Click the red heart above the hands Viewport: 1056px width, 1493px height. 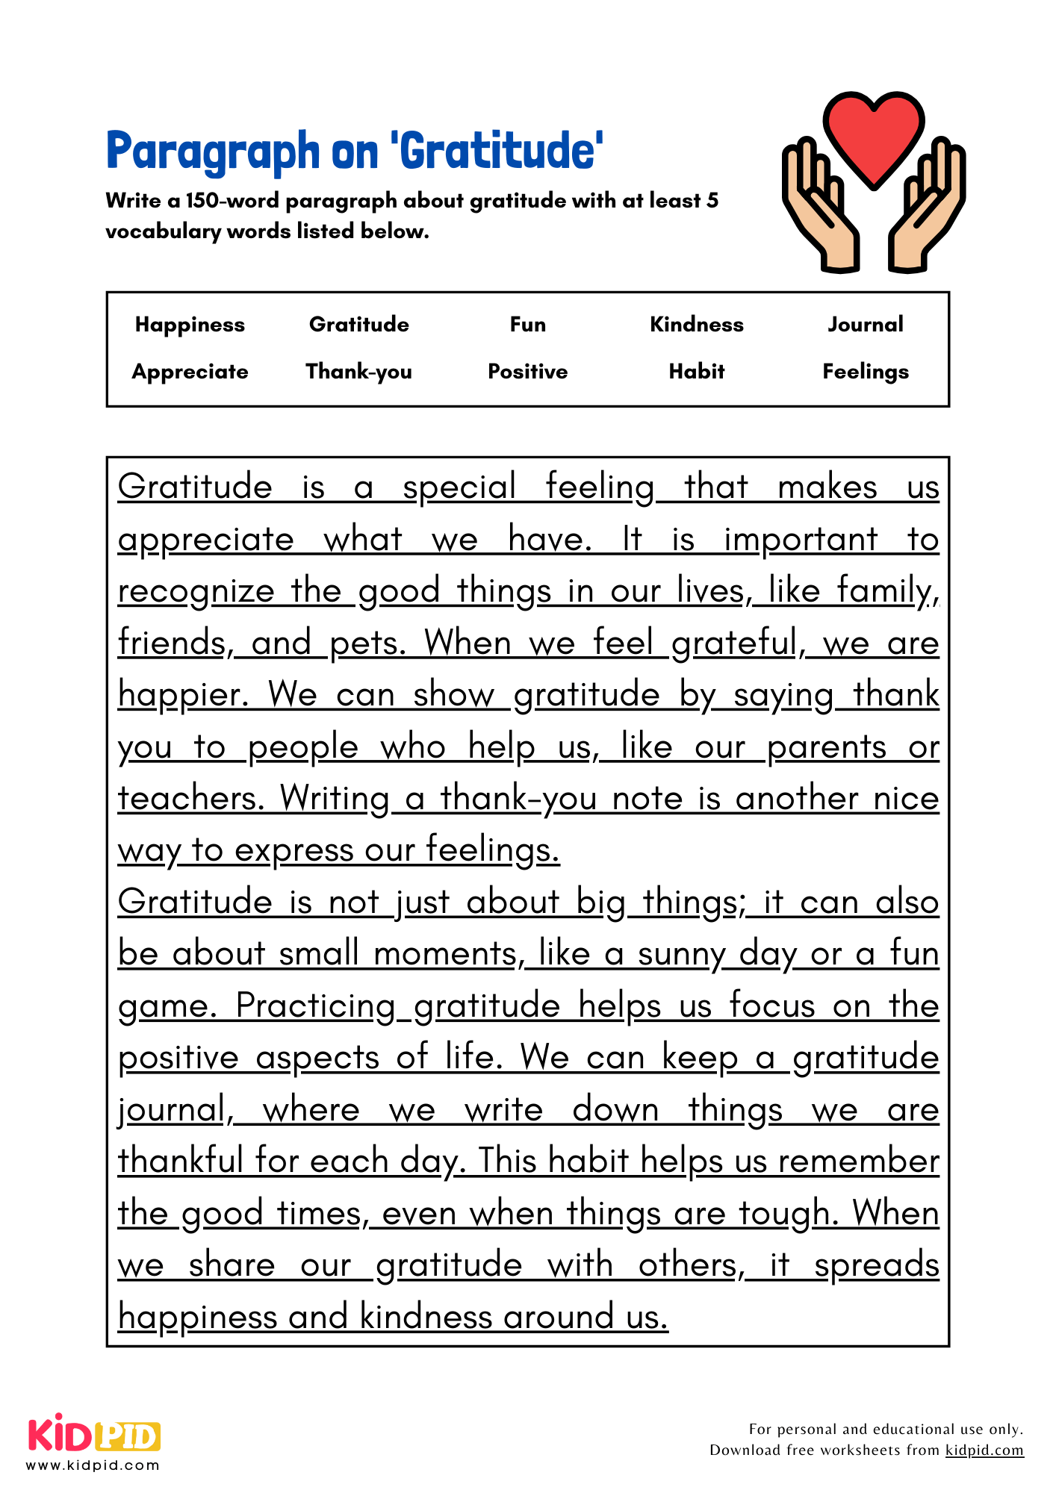coord(874,134)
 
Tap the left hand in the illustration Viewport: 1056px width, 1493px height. coord(821,209)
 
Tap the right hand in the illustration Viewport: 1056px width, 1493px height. coord(926,209)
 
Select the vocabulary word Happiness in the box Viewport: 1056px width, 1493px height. coord(190,325)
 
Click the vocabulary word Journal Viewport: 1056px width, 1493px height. coord(866,324)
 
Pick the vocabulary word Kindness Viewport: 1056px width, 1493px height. coord(697,324)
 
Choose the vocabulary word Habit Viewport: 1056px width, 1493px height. coord(697,371)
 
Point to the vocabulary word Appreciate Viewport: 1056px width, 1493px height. coord(190,372)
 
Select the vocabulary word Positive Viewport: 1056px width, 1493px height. coord(528,371)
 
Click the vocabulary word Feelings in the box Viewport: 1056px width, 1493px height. coord(866,372)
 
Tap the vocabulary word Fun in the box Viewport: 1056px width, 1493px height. coord(528,324)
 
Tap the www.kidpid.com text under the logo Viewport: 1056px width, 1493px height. coord(93,1465)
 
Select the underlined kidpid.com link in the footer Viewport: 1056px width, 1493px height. coord(984,1450)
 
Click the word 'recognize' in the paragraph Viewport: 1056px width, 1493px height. coord(196,591)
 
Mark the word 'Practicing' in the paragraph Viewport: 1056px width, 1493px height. coord(315,1006)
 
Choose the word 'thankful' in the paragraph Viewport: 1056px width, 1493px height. coord(178,1162)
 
